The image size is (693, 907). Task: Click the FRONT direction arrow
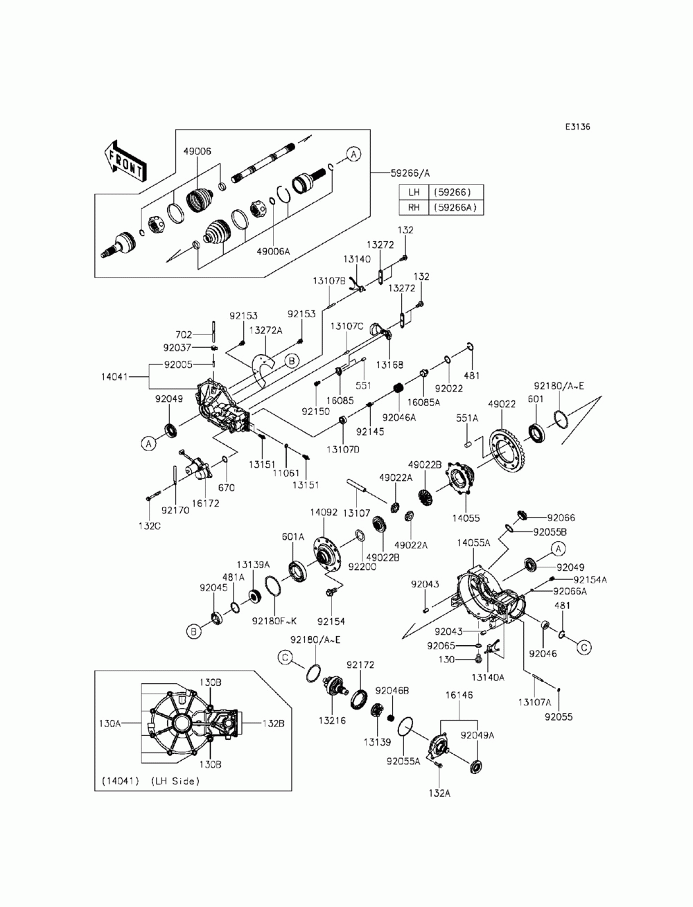124,161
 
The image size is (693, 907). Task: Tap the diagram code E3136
577,126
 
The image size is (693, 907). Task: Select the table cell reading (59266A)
456,207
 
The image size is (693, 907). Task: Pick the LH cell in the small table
414,192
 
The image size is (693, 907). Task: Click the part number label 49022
502,404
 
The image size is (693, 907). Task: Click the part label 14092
324,513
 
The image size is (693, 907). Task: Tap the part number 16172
205,503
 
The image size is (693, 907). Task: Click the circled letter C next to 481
584,647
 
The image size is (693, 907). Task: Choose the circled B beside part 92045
193,631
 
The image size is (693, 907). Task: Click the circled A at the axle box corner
353,154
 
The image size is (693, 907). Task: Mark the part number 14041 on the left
114,376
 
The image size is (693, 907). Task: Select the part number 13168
389,364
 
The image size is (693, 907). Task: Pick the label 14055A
473,543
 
